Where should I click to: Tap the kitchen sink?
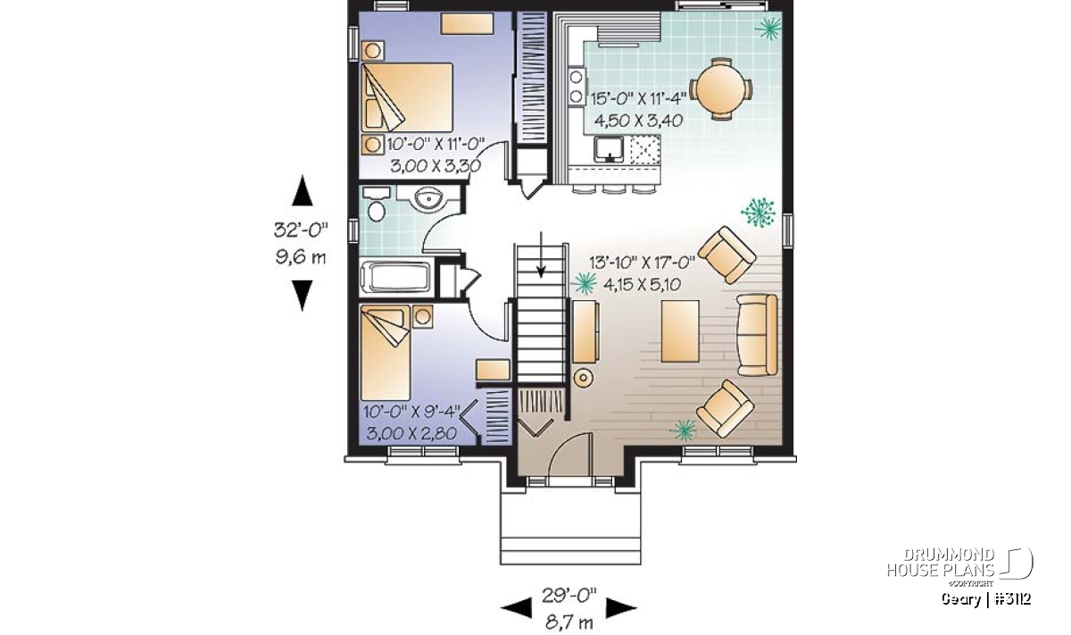pyautogui.click(x=609, y=149)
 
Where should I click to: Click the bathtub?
pyautogui.click(x=397, y=277)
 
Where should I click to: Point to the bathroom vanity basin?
pyautogui.click(x=428, y=198)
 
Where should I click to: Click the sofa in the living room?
pyautogui.click(x=758, y=335)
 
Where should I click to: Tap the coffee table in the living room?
pyautogui.click(x=680, y=331)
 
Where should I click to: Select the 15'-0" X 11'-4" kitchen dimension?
pyautogui.click(x=638, y=99)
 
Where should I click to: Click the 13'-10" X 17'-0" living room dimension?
pyautogui.click(x=642, y=263)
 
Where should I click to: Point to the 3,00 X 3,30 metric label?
pyautogui.click(x=436, y=166)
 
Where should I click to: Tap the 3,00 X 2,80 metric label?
pyautogui.click(x=411, y=433)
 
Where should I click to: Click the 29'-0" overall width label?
pyautogui.click(x=569, y=596)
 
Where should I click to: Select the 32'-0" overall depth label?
pyautogui.click(x=301, y=230)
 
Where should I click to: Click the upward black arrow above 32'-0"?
pyautogui.click(x=303, y=190)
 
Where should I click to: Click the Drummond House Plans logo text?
pyautogui.click(x=941, y=563)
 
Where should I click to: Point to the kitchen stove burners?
pyautogui.click(x=577, y=87)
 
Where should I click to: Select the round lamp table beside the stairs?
pyautogui.click(x=583, y=378)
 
